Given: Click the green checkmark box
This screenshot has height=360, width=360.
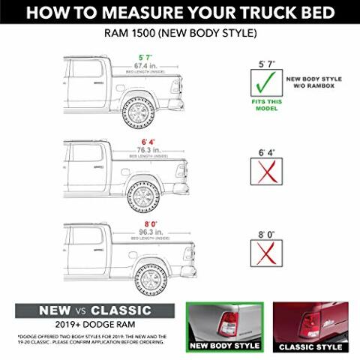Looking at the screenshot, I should pos(265,82).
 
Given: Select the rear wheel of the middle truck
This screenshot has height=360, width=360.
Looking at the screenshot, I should pos(142,196).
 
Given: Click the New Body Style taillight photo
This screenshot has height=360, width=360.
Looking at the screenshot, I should pos(226,326).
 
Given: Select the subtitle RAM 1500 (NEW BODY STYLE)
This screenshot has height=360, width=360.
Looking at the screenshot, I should pos(180,34).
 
